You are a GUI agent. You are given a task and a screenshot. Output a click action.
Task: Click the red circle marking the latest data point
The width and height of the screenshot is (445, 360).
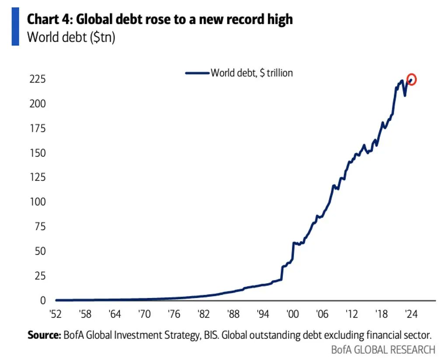[411, 80]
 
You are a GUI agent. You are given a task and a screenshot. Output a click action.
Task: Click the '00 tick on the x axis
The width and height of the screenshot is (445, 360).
[292, 313]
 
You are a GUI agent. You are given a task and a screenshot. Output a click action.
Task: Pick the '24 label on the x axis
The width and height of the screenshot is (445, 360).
[410, 313]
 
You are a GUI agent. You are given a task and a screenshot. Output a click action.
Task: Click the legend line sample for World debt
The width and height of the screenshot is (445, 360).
[197, 73]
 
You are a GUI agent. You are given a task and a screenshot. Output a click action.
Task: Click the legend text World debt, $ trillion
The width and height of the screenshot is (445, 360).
[252, 73]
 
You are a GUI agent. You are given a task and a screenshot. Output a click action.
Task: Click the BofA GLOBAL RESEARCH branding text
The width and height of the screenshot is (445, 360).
[383, 350]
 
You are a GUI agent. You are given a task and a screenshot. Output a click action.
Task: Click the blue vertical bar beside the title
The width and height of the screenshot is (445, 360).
[15, 27]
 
